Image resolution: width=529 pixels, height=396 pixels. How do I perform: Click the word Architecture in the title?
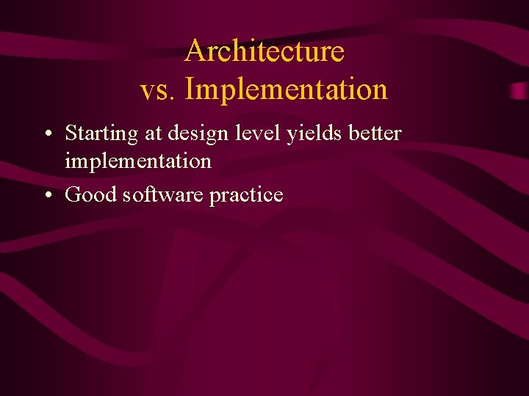(264, 51)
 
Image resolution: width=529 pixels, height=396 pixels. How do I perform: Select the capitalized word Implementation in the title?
(287, 90)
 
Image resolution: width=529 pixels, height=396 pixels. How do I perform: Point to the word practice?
(246, 194)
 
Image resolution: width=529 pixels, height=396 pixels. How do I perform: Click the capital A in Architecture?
(194, 51)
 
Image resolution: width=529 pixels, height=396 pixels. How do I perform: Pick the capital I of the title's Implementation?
(190, 90)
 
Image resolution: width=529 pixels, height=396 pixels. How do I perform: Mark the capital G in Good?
(73, 194)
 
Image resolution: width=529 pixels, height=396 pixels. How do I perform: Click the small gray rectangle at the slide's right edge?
(519, 90)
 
